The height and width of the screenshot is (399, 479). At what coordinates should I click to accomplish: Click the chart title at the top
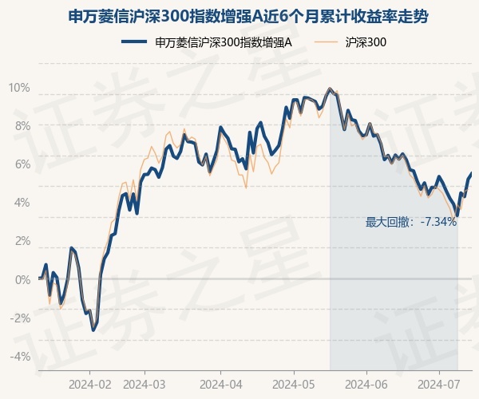click(247, 17)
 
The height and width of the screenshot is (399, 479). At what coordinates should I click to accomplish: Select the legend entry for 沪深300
click(350, 42)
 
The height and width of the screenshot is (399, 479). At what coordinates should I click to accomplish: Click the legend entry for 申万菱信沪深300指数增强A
click(207, 42)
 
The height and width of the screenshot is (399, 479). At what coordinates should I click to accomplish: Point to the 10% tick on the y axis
click(19, 88)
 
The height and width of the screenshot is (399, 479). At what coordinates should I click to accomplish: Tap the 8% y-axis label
click(22, 126)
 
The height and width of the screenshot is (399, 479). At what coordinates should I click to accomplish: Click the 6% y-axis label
click(22, 164)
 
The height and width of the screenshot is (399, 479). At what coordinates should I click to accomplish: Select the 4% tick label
click(22, 203)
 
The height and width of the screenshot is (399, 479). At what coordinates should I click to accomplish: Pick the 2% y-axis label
click(22, 241)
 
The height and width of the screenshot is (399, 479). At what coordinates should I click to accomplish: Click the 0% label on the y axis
click(22, 279)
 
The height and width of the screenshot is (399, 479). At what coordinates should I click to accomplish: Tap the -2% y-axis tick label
click(21, 318)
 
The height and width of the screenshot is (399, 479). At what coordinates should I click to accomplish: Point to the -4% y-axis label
click(21, 356)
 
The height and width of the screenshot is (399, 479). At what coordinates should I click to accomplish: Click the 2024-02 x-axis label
click(89, 385)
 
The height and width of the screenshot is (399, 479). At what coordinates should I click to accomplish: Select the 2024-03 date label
click(144, 385)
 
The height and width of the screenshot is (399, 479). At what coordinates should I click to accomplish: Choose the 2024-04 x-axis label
click(221, 385)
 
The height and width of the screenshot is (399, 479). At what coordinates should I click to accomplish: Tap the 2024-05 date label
click(294, 385)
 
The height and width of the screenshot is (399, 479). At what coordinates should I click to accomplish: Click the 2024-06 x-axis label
click(366, 385)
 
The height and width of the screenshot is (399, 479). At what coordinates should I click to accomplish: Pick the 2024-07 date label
click(438, 385)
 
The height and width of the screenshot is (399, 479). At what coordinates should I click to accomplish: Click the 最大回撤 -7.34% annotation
click(411, 222)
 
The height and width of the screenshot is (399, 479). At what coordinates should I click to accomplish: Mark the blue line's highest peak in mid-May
click(329, 89)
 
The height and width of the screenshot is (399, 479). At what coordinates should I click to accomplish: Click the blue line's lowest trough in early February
click(93, 330)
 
